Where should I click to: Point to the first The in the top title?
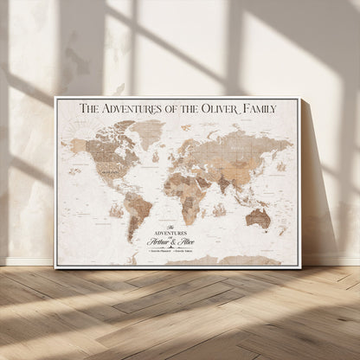(90, 108)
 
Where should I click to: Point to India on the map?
(228, 180)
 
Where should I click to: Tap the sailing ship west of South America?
(115, 209)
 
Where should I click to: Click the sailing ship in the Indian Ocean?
(220, 209)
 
